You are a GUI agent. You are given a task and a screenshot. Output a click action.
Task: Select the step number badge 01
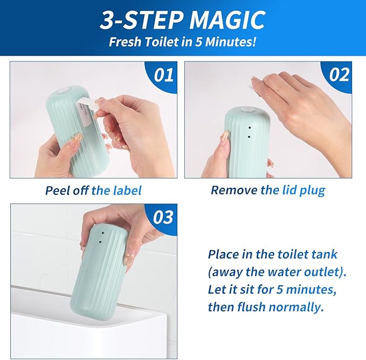[163, 74]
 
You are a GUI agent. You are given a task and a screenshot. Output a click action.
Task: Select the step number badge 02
[339, 74]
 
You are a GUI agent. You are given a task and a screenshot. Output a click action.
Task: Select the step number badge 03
[163, 217]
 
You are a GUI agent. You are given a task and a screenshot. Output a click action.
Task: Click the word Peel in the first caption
[57, 190]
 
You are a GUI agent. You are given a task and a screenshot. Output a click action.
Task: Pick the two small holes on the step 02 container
[248, 133]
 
